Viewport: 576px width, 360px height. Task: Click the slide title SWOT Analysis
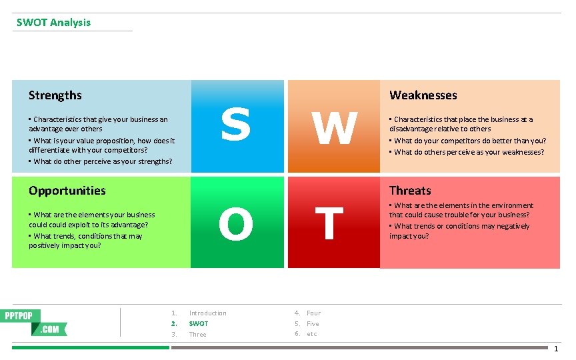[53, 23]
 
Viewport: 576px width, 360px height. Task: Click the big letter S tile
[237, 125]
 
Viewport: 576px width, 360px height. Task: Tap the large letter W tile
[333, 128]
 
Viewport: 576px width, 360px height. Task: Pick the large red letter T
[329, 223]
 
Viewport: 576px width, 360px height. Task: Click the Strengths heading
[55, 95]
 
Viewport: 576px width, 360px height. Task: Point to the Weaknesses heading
[423, 95]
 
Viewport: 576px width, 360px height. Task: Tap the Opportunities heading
[67, 191]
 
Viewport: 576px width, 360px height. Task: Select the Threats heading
[410, 191]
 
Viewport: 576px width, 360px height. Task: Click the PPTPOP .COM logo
[36, 322]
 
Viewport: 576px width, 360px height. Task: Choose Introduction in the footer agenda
[207, 313]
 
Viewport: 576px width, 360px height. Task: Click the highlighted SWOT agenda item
[199, 324]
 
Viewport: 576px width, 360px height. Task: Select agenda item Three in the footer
[198, 335]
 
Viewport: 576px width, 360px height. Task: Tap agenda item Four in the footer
[313, 313]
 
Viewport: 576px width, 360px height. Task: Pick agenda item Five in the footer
[313, 324]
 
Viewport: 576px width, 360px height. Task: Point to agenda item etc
[312, 334]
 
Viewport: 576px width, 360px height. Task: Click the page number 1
[556, 349]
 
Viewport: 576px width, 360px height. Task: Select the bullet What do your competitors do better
[470, 141]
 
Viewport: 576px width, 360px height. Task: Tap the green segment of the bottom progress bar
[90, 347]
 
